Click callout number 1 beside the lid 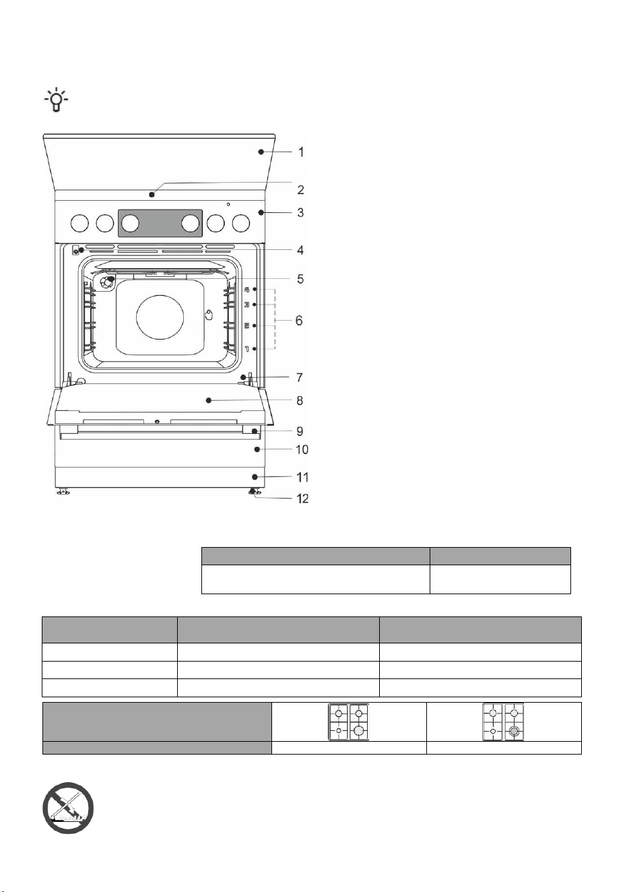click(301, 152)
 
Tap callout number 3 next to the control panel click(300, 213)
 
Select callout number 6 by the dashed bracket click(299, 321)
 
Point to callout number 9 click(300, 431)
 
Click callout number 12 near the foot click(302, 499)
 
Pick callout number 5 click(300, 279)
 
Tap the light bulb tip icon click(56, 100)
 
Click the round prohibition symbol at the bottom click(68, 808)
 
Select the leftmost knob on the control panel click(79, 223)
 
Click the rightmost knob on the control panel click(240, 223)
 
